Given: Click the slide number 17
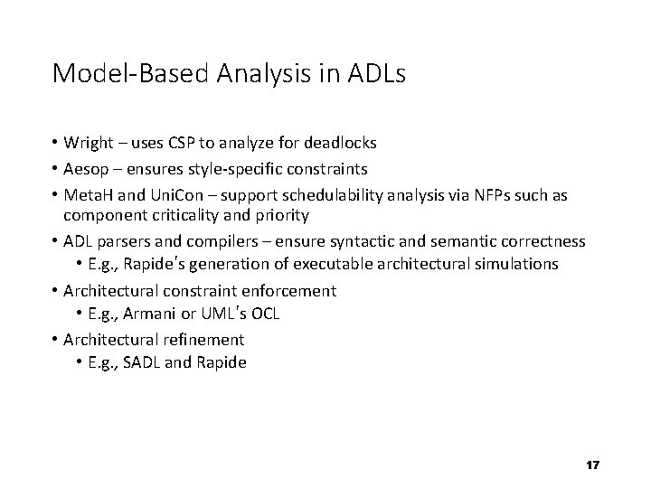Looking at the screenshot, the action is click(593, 465).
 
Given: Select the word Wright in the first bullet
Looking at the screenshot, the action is click(89, 143).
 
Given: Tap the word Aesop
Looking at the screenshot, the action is click(87, 167).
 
